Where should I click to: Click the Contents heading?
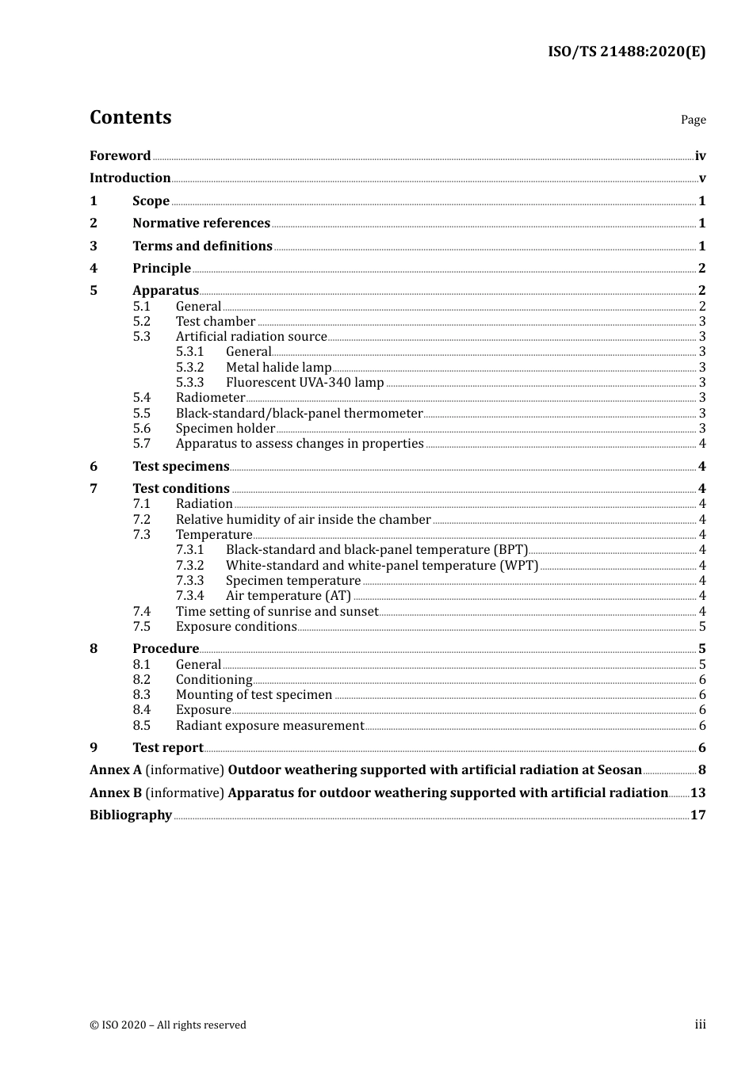pyautogui.click(x=130, y=117)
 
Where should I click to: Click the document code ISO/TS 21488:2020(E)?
pyautogui.click(x=626, y=52)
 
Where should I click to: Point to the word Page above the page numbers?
pyautogui.click(x=693, y=120)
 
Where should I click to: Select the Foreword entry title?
pyautogui.click(x=120, y=156)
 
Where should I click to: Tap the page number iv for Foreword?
pyautogui.click(x=700, y=156)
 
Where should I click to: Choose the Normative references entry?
pyautogui.click(x=201, y=223)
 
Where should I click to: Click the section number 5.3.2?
pyautogui.click(x=189, y=367)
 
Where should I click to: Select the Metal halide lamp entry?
pyautogui.click(x=278, y=367)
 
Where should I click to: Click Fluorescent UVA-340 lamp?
pyautogui.click(x=304, y=383)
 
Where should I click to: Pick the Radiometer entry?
pyautogui.click(x=210, y=398)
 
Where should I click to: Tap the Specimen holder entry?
pyautogui.click(x=225, y=429)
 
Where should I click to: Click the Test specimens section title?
pyautogui.click(x=181, y=467)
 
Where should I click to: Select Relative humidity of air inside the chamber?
pyautogui.click(x=303, y=520)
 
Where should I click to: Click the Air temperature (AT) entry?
pyautogui.click(x=288, y=596)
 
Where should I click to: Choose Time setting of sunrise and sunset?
pyautogui.click(x=277, y=612)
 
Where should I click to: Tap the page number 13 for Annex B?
pyautogui.click(x=698, y=793)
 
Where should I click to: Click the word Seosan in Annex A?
pyautogui.click(x=617, y=770)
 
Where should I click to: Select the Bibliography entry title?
pyautogui.click(x=131, y=815)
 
